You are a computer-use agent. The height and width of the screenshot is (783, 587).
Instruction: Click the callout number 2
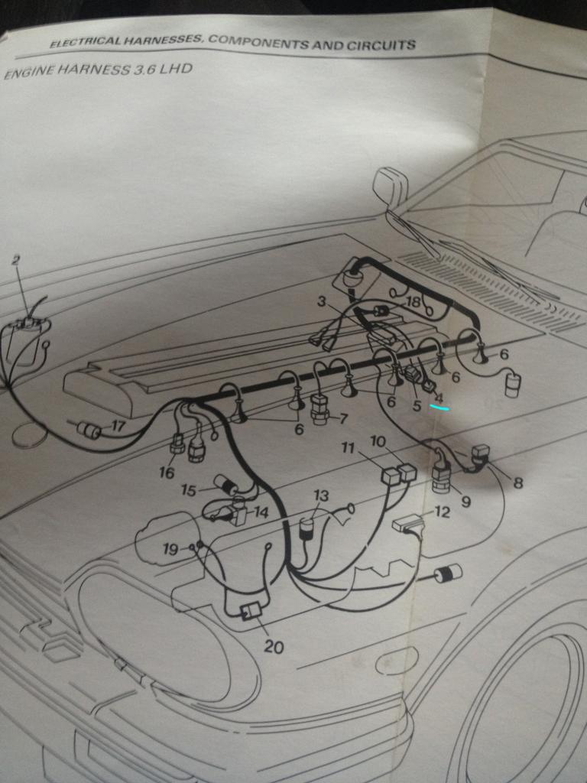[x=17, y=260]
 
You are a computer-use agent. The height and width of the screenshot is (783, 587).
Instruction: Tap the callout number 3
[x=322, y=301]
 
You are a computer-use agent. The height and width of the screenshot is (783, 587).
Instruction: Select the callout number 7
[x=342, y=418]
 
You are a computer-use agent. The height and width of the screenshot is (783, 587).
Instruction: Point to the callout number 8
[x=518, y=483]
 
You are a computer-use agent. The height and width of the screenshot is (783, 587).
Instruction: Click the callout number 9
[x=465, y=502]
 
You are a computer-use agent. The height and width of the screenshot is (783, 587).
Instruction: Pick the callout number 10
[x=378, y=441]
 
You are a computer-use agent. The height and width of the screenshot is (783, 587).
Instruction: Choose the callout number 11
[x=348, y=447]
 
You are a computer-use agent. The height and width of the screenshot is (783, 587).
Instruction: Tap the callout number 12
[x=442, y=512]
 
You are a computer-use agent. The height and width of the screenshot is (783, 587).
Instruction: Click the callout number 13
[x=322, y=495]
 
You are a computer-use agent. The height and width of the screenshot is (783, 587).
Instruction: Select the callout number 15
[x=189, y=490]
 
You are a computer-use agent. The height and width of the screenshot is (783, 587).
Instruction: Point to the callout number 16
[x=167, y=473]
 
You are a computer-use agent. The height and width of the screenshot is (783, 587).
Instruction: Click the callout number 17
[x=118, y=426]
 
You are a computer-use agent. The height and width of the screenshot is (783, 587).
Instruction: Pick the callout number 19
[x=170, y=549]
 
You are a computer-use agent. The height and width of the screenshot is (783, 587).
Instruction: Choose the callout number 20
[x=274, y=647]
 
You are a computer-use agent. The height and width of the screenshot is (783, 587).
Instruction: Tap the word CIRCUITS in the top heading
[x=381, y=45]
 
